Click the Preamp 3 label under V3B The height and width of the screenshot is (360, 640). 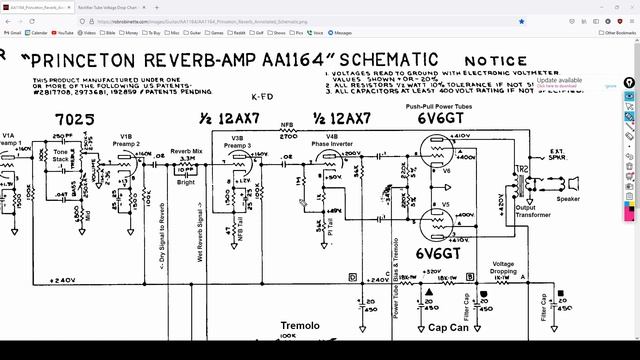tap(237, 145)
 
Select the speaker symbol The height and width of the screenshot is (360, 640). tap(574, 184)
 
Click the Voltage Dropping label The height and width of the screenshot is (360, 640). tap(503, 268)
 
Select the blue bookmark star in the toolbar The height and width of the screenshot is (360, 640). tap(522, 19)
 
